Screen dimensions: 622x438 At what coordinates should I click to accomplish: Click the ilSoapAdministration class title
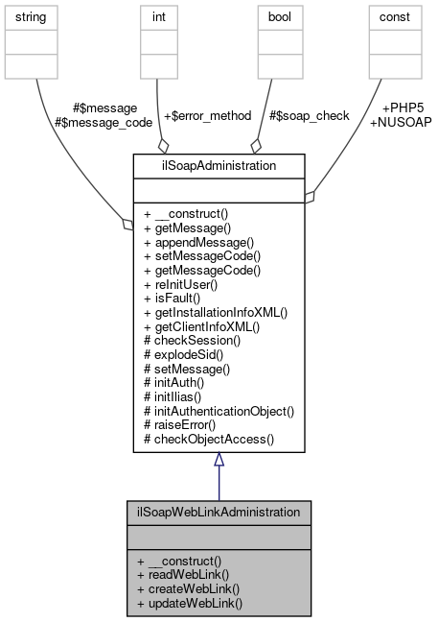pyautogui.click(x=219, y=165)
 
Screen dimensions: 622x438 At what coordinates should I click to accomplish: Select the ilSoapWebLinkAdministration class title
pyautogui.click(x=219, y=513)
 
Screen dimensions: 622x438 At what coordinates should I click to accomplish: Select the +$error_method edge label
pyautogui.click(x=206, y=115)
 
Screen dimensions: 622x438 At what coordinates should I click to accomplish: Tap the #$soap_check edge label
pyautogui.click(x=308, y=115)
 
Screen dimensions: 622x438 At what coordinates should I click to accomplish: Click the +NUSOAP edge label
pyautogui.click(x=400, y=122)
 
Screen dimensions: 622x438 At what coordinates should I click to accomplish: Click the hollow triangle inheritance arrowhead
pyautogui.click(x=219, y=460)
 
